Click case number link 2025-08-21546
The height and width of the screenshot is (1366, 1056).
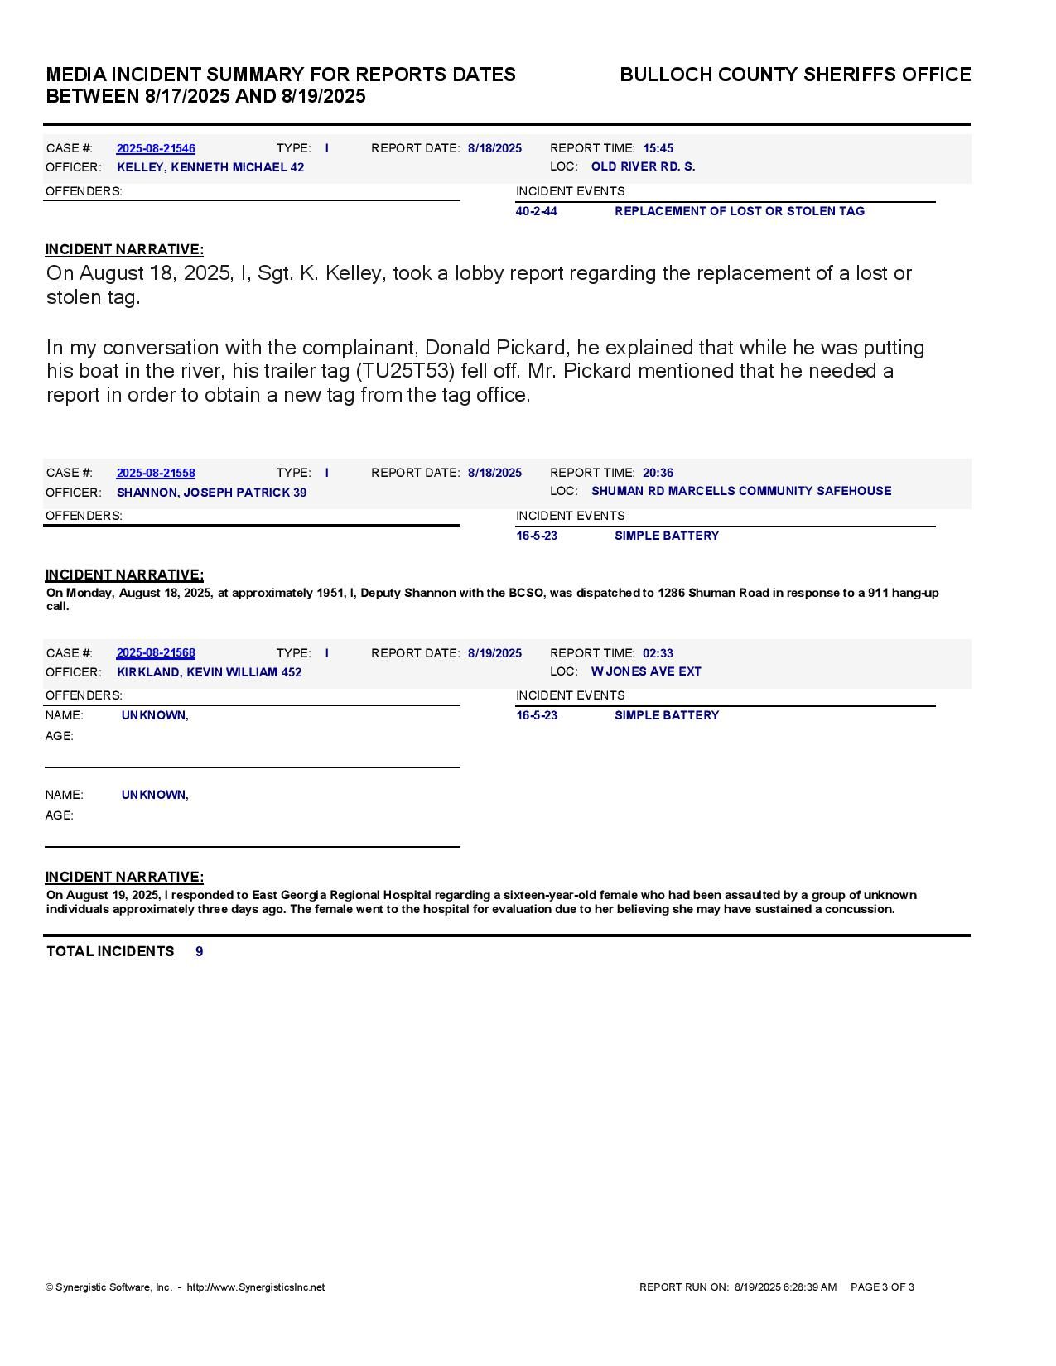[x=156, y=148]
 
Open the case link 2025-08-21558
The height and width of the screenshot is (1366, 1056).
[x=156, y=473]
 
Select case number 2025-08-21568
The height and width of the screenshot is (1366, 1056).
[x=156, y=653]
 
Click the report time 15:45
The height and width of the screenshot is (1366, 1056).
[x=658, y=148]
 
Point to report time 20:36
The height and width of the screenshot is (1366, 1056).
[x=658, y=473]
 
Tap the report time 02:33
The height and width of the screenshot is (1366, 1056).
[x=658, y=653]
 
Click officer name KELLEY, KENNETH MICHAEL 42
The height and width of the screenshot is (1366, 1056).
[x=210, y=167]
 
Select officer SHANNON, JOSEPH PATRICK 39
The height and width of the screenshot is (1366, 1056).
[x=211, y=493]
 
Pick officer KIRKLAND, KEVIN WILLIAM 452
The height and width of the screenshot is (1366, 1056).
[x=209, y=672]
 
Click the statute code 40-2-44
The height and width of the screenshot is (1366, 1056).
[x=537, y=211]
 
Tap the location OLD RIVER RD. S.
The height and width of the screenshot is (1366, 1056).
[x=643, y=166]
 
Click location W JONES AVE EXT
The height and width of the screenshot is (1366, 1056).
[x=646, y=671]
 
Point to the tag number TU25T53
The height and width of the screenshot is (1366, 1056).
[x=410, y=371]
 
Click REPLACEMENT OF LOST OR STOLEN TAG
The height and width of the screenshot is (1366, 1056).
[x=739, y=211]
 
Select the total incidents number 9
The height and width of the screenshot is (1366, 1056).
[x=200, y=951]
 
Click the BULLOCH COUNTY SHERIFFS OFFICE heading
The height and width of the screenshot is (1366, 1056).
[x=795, y=75]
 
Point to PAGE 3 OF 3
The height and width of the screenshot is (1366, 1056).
[x=882, y=1287]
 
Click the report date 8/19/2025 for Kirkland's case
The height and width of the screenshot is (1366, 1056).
[x=494, y=653]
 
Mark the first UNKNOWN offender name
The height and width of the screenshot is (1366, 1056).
[x=154, y=715]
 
